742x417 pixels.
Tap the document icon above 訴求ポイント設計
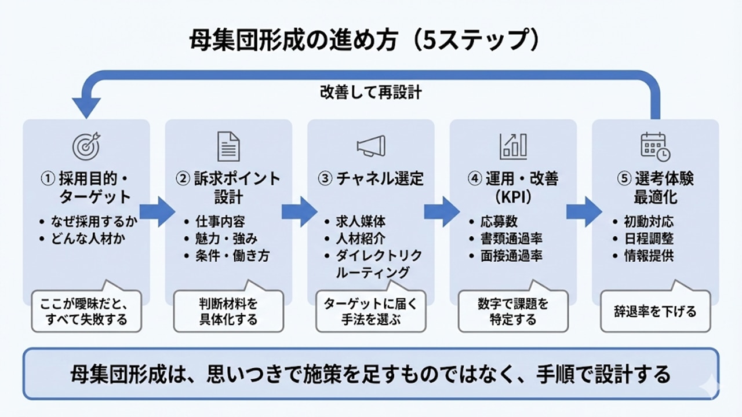[x=228, y=146]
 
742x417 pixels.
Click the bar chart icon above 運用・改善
[x=514, y=146]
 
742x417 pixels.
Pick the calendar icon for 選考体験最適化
[x=655, y=146]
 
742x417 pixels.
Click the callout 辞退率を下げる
[x=655, y=312]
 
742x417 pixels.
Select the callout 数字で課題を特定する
[x=512, y=312]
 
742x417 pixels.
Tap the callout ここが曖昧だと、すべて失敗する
[x=86, y=312]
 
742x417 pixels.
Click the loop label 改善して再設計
[x=371, y=93]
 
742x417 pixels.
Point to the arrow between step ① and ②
[x=157, y=211]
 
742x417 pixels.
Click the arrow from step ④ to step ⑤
[x=584, y=211]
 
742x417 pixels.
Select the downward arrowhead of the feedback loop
[x=86, y=107]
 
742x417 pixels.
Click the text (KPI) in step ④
[x=512, y=197]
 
